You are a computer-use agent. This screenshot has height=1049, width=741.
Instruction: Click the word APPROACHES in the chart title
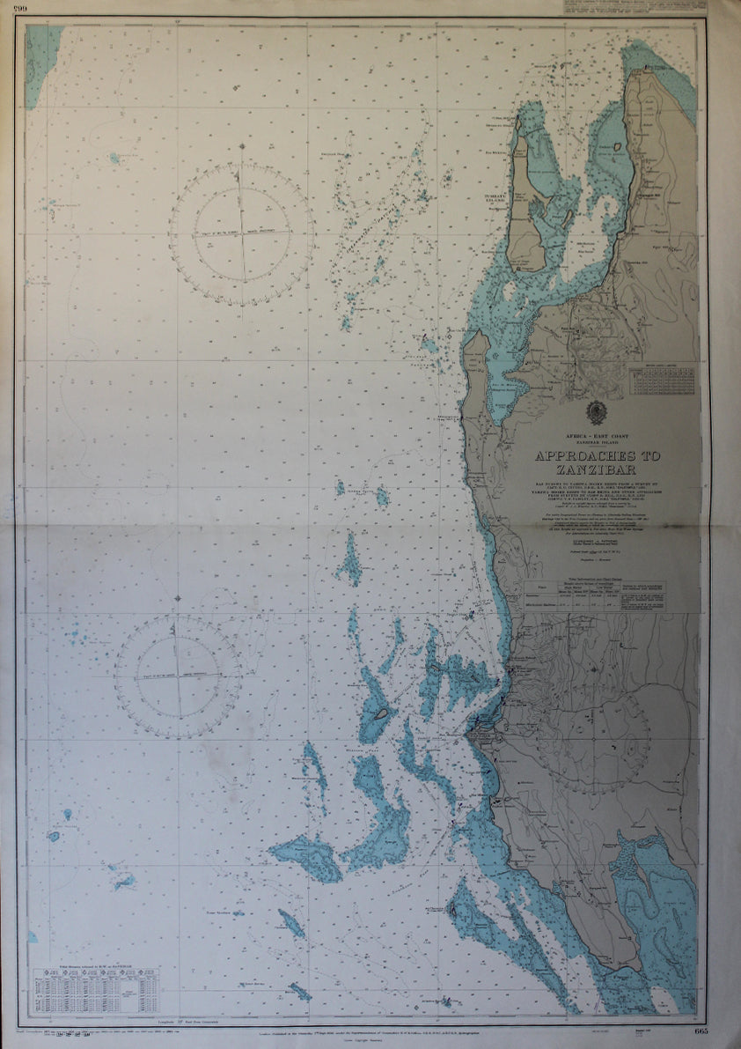[596, 456]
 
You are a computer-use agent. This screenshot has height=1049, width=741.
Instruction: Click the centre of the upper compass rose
[240, 234]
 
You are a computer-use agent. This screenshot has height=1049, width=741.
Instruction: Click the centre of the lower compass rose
[179, 676]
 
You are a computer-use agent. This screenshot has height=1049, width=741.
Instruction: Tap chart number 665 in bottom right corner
[701, 1031]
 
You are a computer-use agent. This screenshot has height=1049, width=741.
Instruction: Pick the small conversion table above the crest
[661, 380]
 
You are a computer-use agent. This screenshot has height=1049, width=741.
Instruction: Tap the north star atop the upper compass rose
[238, 175]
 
